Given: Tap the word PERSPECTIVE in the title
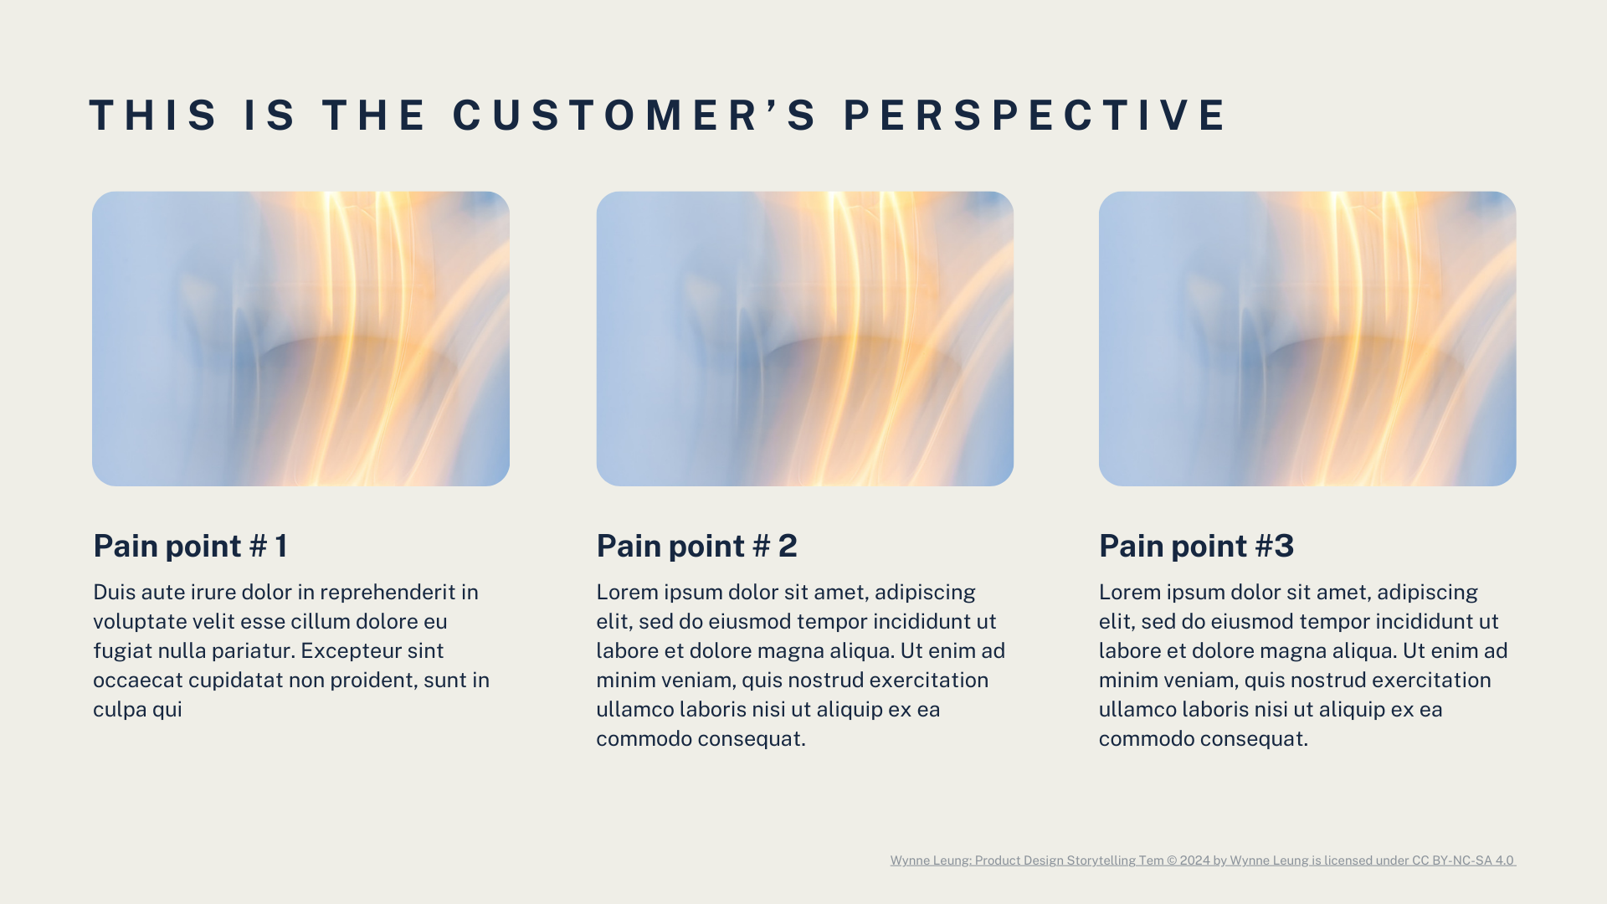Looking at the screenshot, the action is (x=1035, y=116).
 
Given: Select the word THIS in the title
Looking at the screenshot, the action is (x=154, y=116).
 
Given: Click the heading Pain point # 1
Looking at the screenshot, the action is (x=191, y=546).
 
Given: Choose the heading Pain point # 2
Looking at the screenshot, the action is (x=696, y=546).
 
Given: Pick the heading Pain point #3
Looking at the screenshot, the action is (x=1196, y=546).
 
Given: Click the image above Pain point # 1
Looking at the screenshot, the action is (x=300, y=338).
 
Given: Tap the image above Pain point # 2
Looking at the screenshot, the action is (x=804, y=338).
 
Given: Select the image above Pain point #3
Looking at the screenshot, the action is (x=1307, y=338).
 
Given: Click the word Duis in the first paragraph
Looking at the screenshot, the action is (x=114, y=593).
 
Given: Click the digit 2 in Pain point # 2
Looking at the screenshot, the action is (x=788, y=546).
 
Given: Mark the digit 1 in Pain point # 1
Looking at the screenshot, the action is (x=281, y=546).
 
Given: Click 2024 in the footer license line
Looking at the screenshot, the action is (x=1194, y=860).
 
